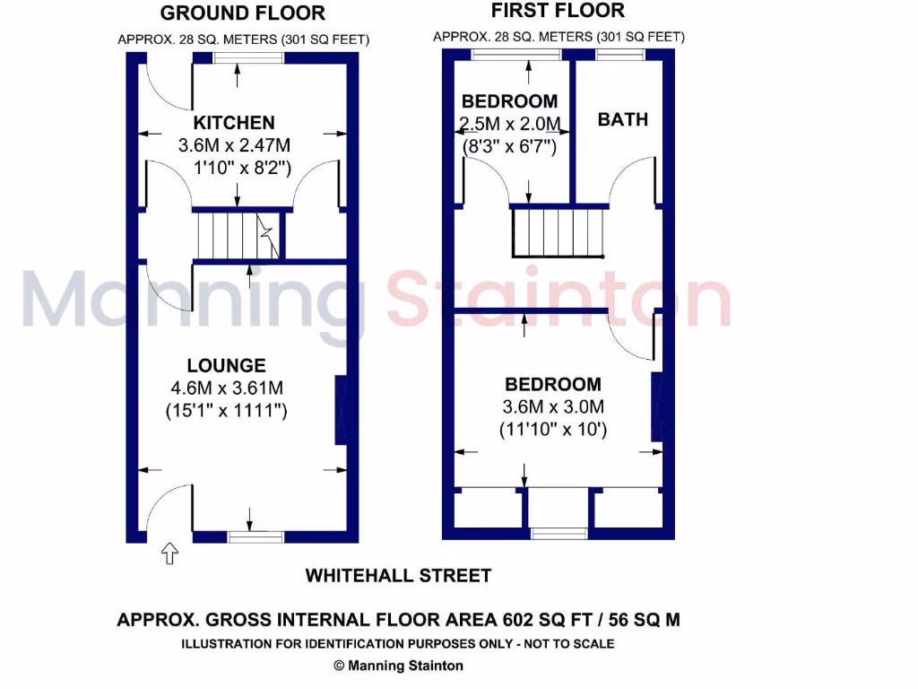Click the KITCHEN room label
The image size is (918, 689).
pyautogui.click(x=234, y=123)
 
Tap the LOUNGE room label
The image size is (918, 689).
pyautogui.click(x=226, y=365)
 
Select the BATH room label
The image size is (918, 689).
pyautogui.click(x=622, y=119)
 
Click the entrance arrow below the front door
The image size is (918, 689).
pyautogui.click(x=169, y=554)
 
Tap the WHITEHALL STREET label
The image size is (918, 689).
pyautogui.click(x=398, y=576)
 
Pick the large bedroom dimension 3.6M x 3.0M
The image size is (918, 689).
pyautogui.click(x=553, y=407)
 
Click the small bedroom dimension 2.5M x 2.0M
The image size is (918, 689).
pyautogui.click(x=509, y=124)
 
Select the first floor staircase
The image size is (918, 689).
pyautogui.click(x=556, y=232)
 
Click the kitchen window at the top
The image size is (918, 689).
pyautogui.click(x=248, y=57)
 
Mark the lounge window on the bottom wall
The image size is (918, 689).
pyautogui.click(x=255, y=536)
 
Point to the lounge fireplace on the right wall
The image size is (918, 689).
pyautogui.click(x=341, y=410)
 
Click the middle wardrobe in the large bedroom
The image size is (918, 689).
pyautogui.click(x=558, y=509)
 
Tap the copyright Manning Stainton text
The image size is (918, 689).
pyautogui.click(x=398, y=666)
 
